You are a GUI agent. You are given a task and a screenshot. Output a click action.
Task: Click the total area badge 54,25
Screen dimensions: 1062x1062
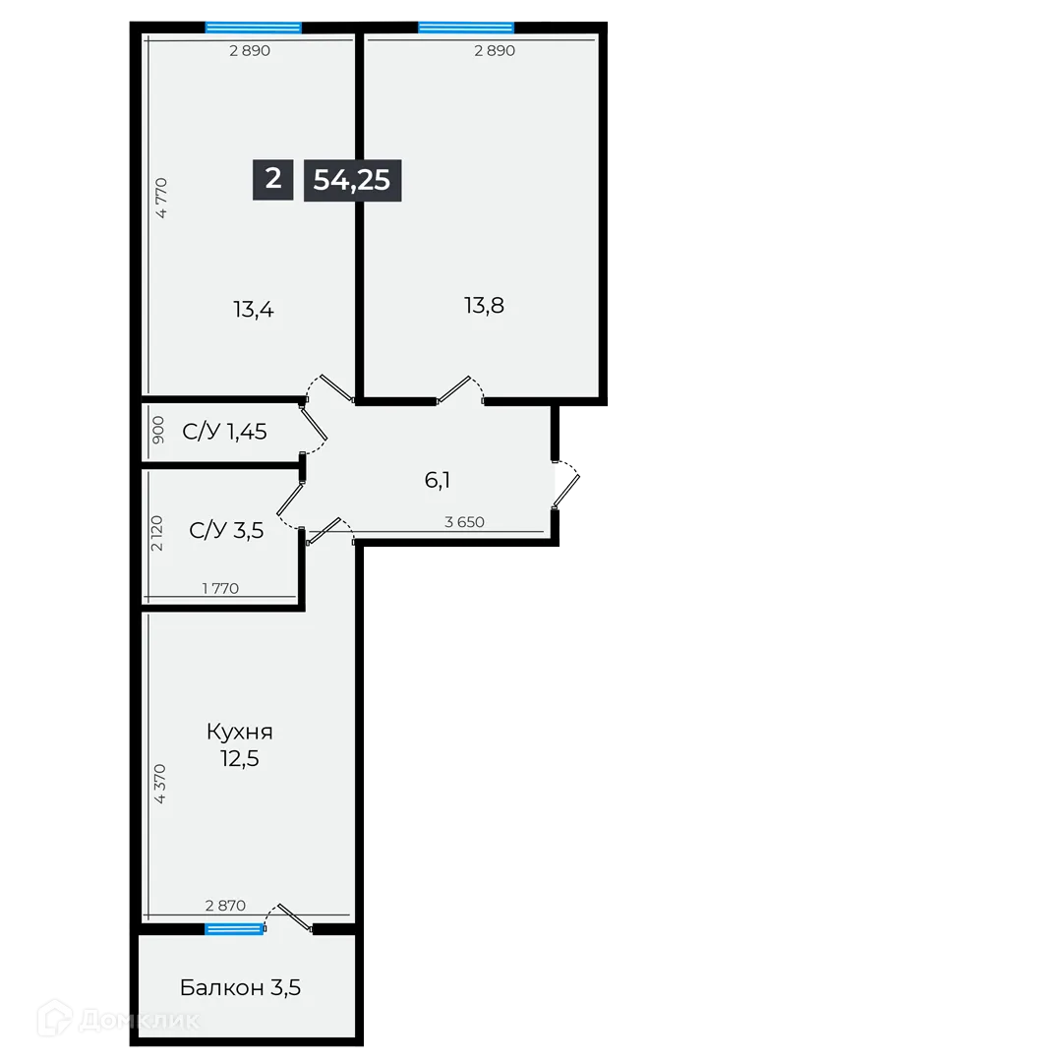coord(352,180)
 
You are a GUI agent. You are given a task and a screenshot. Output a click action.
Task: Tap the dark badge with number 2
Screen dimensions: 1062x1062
coord(272,179)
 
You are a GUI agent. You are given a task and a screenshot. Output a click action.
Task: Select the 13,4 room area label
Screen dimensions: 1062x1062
coord(253,310)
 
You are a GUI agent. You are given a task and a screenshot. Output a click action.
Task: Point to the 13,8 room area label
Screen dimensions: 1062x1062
coord(485,305)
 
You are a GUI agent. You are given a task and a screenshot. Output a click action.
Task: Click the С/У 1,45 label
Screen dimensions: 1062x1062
coord(225,431)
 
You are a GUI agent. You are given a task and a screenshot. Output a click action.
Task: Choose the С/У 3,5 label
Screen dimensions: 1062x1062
coord(226,531)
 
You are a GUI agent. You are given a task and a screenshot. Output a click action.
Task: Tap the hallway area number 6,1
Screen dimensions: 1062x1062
coord(438,480)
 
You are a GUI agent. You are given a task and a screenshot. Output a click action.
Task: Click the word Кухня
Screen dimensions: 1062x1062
coord(240,732)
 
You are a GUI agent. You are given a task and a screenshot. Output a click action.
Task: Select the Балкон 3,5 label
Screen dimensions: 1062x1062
coord(240,987)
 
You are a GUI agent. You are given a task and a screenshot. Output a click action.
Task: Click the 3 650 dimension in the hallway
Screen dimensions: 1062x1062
coord(464,522)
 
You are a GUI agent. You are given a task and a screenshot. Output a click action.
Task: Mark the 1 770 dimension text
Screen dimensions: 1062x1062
coord(220,588)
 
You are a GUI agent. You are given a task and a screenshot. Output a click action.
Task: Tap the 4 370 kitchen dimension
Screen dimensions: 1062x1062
coord(161,784)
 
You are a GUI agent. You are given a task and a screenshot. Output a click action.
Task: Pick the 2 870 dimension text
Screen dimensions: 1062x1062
coord(224,906)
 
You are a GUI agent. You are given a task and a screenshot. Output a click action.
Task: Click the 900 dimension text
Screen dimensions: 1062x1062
coord(159,432)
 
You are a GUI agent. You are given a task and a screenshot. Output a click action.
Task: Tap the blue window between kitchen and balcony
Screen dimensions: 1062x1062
coord(234,928)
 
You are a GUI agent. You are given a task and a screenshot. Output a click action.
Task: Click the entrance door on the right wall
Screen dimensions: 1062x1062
coord(567,482)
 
